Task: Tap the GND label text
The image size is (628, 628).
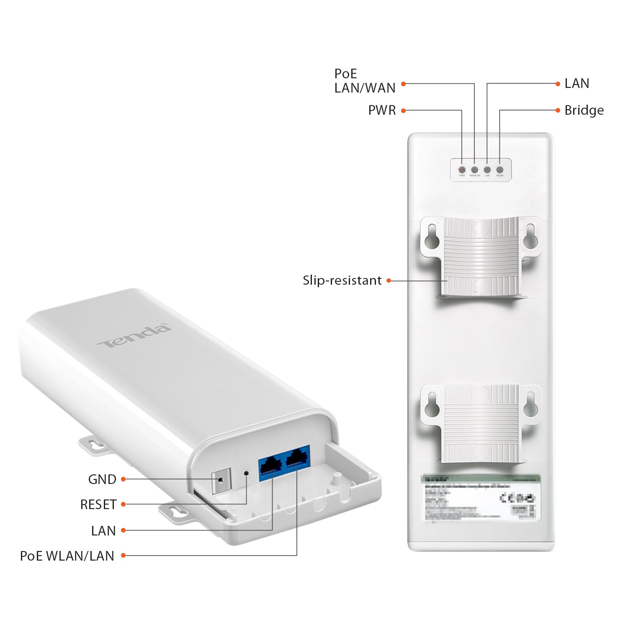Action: (102, 479)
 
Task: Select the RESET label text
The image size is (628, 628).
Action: (98, 504)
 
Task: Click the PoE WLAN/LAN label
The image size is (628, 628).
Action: (67, 556)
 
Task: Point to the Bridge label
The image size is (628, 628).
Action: (584, 111)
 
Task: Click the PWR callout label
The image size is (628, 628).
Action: (382, 111)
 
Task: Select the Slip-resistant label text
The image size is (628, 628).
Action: (342, 281)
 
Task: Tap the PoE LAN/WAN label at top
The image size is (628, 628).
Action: (365, 81)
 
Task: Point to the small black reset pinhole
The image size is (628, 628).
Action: (246, 473)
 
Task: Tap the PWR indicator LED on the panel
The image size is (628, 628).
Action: (462, 170)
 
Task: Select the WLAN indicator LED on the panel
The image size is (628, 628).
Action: (499, 170)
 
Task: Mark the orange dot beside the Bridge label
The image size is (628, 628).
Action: (558, 111)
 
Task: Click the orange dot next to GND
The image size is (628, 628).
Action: (124, 479)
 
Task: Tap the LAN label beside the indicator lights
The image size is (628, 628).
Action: (577, 84)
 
